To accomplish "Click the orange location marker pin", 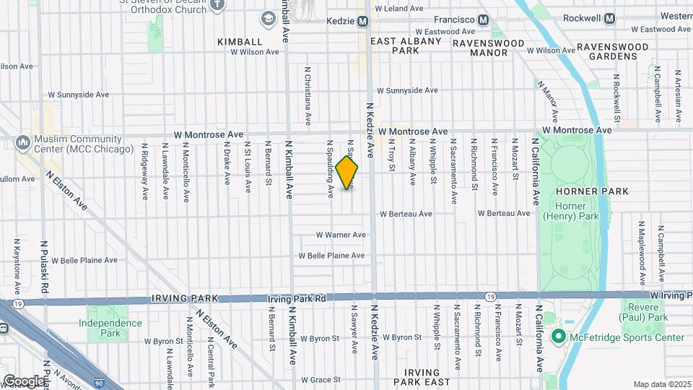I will (x=347, y=173).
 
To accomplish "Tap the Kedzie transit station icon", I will (x=363, y=21).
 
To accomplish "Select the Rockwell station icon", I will (x=610, y=18).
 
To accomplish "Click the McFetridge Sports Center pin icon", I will (x=557, y=337).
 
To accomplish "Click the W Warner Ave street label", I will (x=341, y=235).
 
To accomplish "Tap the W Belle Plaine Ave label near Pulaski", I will (x=84, y=260).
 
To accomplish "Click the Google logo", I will (x=24, y=381).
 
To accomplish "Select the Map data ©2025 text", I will (x=661, y=384).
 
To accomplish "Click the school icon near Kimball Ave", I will (x=269, y=18).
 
